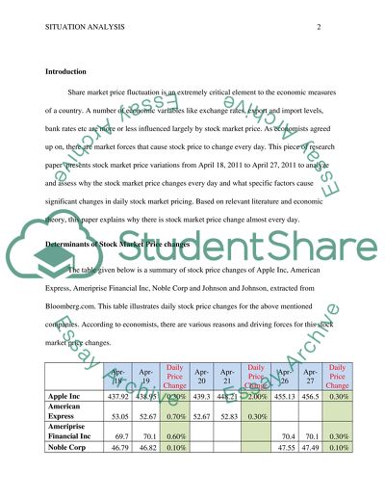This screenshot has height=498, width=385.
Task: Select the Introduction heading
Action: point(70,72)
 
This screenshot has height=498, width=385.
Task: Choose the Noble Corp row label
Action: point(68,475)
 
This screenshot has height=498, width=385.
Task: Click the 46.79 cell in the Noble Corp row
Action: point(118,475)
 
